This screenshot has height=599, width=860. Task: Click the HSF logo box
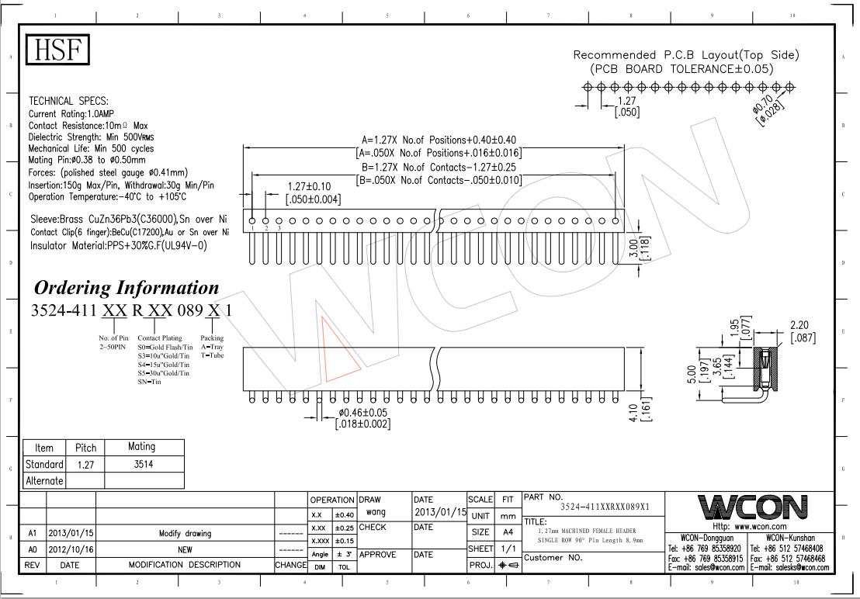point(58,50)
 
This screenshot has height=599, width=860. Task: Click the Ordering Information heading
point(127,288)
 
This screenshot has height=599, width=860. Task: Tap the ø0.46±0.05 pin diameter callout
point(363,417)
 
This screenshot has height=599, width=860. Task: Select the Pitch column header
point(85,448)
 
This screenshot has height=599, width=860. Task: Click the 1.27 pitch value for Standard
point(85,464)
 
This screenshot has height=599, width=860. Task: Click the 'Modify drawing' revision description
point(185,534)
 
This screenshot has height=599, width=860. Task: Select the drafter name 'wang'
point(376,512)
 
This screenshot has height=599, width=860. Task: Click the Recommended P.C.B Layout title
point(686,55)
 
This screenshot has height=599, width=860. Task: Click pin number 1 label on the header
point(252,229)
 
